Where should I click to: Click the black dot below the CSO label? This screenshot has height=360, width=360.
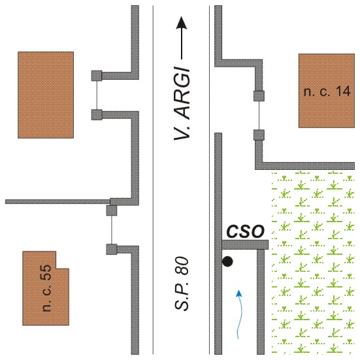pyautogui.click(x=227, y=261)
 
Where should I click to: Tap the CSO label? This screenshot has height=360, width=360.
pyautogui.click(x=246, y=231)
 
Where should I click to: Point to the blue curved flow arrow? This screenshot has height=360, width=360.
pyautogui.click(x=239, y=314)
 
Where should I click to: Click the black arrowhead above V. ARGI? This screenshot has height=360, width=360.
pyautogui.click(x=182, y=23)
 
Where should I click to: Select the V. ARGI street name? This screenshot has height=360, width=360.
pyautogui.click(x=182, y=104)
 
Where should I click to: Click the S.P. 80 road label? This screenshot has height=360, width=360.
pyautogui.click(x=182, y=284)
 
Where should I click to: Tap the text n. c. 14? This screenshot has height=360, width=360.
pyautogui.click(x=327, y=91)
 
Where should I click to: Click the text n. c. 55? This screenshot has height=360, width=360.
pyautogui.click(x=46, y=288)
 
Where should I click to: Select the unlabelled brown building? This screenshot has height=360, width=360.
pyautogui.click(x=46, y=95)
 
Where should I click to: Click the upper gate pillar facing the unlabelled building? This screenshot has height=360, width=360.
pyautogui.click(x=97, y=76)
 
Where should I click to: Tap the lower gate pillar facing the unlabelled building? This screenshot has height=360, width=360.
pyautogui.click(x=97, y=114)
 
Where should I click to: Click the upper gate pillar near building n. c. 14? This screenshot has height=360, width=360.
pyautogui.click(x=259, y=96)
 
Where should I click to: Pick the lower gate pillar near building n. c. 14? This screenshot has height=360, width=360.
pyautogui.click(x=259, y=135)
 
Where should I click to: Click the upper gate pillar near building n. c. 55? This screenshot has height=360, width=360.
pyautogui.click(x=112, y=210)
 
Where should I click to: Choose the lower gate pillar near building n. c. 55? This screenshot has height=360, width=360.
pyautogui.click(x=112, y=250)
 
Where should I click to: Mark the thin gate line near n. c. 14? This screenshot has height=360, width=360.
pyautogui.click(x=259, y=116)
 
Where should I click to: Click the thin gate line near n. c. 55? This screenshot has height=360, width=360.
pyautogui.click(x=112, y=230)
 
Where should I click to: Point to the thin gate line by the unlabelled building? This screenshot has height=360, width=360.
pyautogui.click(x=97, y=95)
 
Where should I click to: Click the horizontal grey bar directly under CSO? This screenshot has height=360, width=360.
pyautogui.click(x=245, y=245)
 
